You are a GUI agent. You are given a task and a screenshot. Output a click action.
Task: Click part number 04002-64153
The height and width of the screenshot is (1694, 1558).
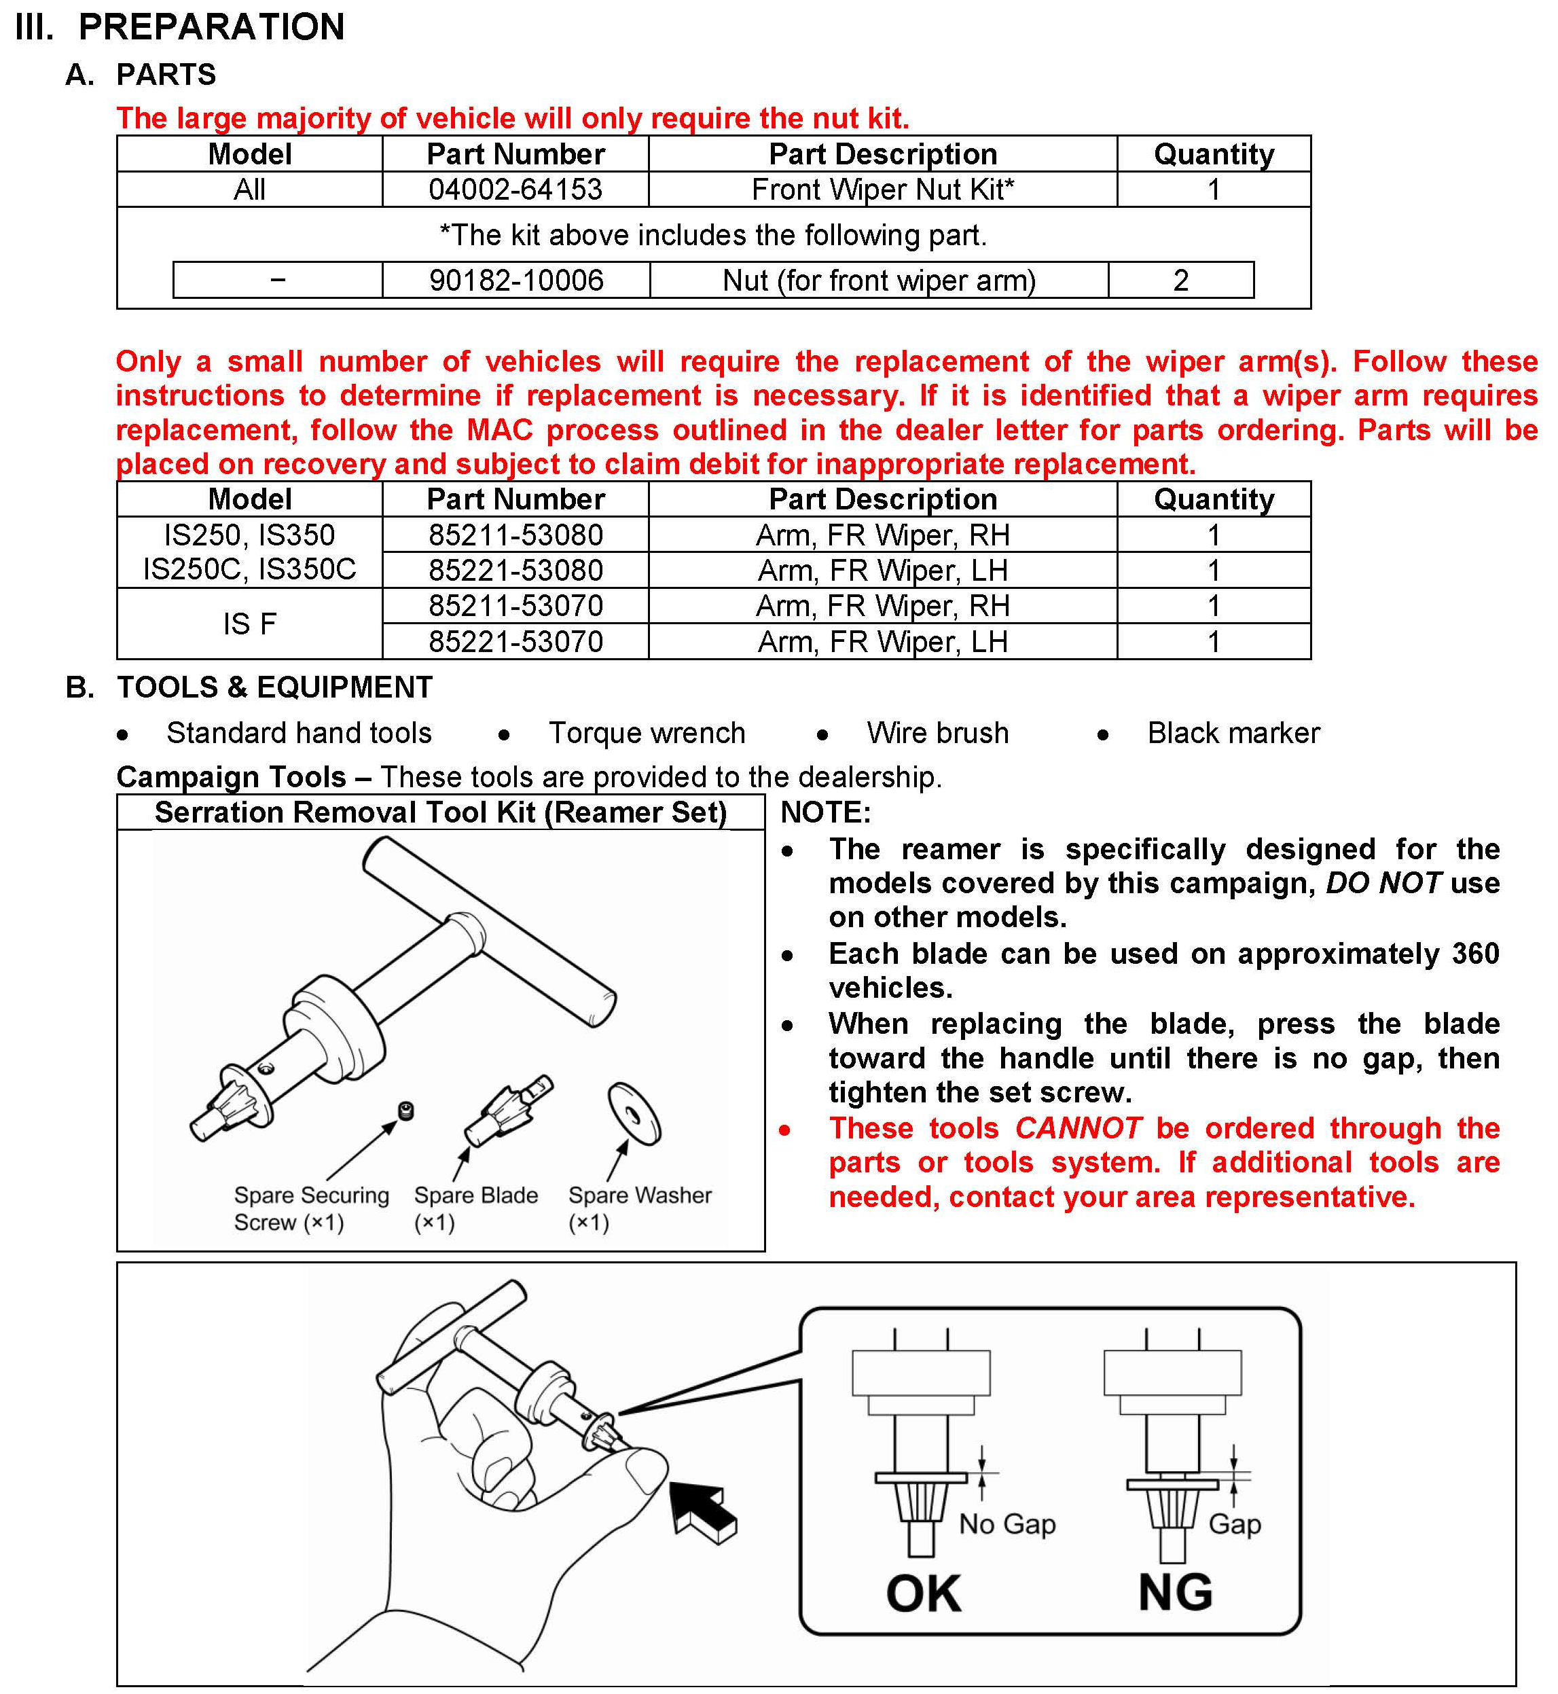(515, 190)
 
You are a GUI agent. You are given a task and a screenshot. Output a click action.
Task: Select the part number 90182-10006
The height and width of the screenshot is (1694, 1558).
(516, 281)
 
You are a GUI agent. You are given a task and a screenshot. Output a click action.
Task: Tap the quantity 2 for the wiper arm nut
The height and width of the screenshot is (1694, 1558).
(1180, 281)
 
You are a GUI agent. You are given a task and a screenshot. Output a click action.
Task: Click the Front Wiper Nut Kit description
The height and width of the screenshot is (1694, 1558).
(883, 190)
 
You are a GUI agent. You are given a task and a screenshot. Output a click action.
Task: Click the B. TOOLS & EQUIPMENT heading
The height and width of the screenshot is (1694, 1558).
(249, 687)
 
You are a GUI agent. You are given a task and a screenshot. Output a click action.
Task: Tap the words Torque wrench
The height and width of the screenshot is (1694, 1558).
(647, 734)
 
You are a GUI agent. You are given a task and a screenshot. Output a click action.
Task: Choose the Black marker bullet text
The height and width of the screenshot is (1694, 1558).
(1233, 734)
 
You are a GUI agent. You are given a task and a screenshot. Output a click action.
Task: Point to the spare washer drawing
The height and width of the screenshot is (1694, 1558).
(635, 1114)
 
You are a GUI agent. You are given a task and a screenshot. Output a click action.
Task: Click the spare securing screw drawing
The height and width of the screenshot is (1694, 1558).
(405, 1112)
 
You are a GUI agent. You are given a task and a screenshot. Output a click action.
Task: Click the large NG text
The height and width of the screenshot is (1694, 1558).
(1174, 1592)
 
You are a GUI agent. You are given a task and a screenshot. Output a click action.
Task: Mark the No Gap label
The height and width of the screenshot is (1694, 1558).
(1007, 1524)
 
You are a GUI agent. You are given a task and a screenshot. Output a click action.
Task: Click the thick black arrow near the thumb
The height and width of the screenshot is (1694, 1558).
(703, 1513)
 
